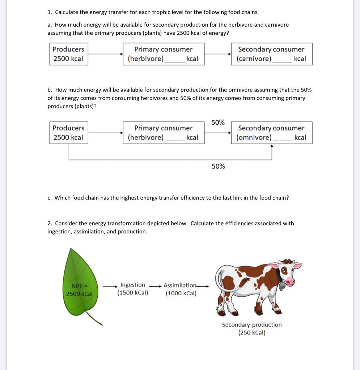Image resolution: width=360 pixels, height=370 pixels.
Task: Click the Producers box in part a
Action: (68, 54)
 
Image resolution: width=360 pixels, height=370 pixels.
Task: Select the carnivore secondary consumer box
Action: (271, 54)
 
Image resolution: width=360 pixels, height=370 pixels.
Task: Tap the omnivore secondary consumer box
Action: (271, 133)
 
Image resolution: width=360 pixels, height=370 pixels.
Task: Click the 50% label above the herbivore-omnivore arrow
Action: (218, 122)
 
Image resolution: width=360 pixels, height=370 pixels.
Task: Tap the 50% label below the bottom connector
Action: (218, 166)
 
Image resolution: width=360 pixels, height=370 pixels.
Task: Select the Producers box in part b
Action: (68, 133)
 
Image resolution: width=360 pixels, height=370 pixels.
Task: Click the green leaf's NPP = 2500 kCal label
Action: (79, 290)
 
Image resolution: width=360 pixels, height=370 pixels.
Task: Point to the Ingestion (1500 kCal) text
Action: (132, 289)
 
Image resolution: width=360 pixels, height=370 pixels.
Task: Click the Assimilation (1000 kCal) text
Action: (181, 289)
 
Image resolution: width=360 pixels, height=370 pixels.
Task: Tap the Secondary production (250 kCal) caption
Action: (252, 328)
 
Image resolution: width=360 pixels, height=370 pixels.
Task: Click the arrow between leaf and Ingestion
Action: (110, 286)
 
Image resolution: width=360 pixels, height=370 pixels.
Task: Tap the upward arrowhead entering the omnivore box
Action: (272, 146)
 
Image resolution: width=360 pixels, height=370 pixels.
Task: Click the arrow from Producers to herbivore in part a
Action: (105, 54)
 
